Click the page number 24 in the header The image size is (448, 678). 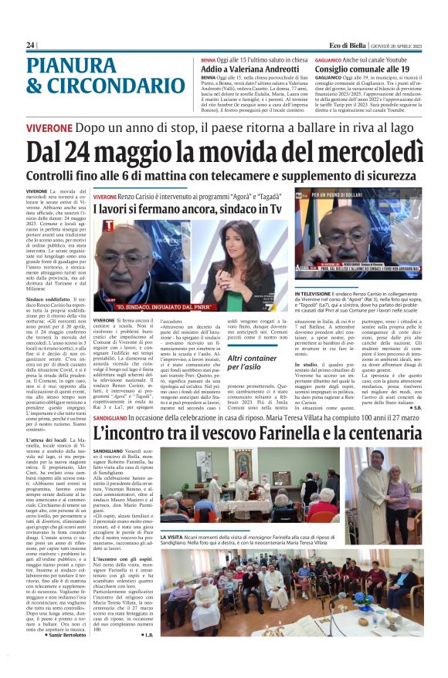30,45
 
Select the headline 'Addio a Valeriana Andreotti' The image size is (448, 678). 248,69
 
